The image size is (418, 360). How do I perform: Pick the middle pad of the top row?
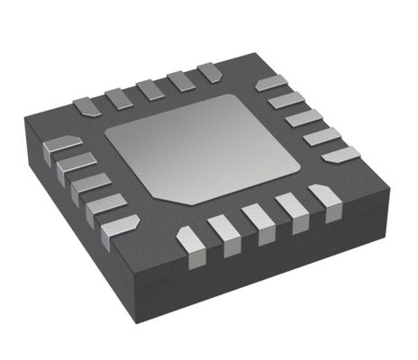coord(150,89)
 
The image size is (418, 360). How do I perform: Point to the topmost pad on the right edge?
coord(270,85)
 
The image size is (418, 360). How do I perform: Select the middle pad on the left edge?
coord(90,184)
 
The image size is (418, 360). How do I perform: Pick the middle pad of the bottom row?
coord(259,220)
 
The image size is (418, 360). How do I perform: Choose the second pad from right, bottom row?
coord(292,211)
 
